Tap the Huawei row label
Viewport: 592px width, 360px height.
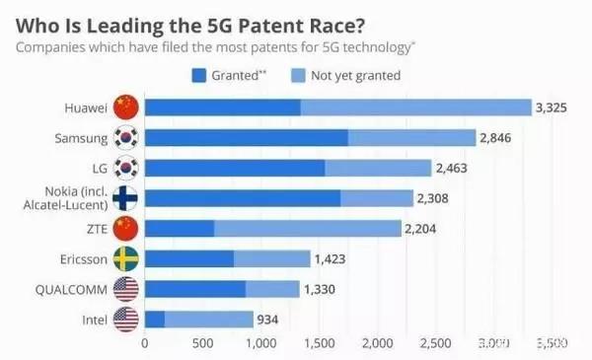pyautogui.click(x=83, y=107)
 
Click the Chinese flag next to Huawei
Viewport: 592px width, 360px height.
pyautogui.click(x=125, y=107)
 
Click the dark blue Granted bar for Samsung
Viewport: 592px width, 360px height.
pyautogui.click(x=246, y=138)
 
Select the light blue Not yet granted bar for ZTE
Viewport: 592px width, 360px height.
pyautogui.click(x=307, y=229)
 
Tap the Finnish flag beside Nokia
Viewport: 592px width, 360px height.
pyautogui.click(x=125, y=198)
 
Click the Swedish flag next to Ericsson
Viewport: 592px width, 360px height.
pyautogui.click(x=125, y=259)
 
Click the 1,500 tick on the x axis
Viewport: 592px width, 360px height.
pyautogui.click(x=319, y=344)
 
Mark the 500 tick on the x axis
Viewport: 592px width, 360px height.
pyautogui.click(x=203, y=344)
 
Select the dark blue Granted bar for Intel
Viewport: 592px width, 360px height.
pyautogui.click(x=155, y=320)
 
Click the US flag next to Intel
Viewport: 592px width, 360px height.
pyautogui.click(x=125, y=320)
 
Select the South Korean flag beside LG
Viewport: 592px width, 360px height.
pyautogui.click(x=125, y=168)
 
